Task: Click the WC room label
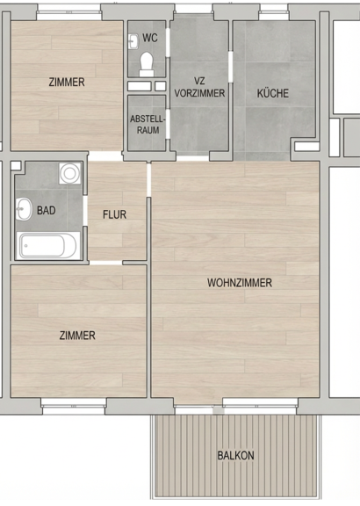[x=150, y=38]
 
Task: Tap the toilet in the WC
[x=147, y=64]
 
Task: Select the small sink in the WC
[x=133, y=41]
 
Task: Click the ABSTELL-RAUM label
[x=148, y=125]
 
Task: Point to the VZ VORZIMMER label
[x=199, y=87]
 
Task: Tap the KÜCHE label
[x=272, y=93]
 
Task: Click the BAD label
[x=47, y=211]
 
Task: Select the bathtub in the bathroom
[x=48, y=246]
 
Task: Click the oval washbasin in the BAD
[x=24, y=209]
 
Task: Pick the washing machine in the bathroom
[x=69, y=173]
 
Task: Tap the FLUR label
[x=114, y=214]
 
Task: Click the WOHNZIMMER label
[x=240, y=283]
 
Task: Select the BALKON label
[x=235, y=456]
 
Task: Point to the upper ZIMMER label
[x=67, y=82]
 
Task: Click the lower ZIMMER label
[x=77, y=336]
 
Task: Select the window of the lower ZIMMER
[x=74, y=406]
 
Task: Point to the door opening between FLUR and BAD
[x=85, y=211]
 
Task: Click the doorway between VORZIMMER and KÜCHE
[x=231, y=67]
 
